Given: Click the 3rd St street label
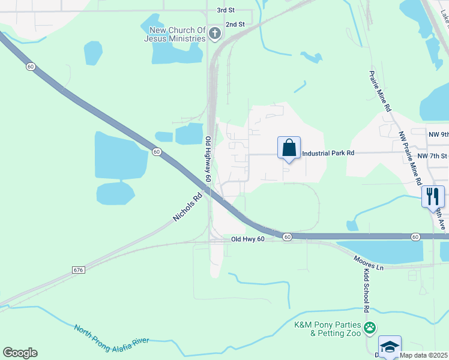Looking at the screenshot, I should coord(225,11).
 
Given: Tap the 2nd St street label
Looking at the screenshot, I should coord(235,25).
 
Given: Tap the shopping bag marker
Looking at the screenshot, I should coord(289,148).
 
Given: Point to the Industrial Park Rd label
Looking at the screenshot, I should coord(328,153).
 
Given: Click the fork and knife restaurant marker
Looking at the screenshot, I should coord(433,196).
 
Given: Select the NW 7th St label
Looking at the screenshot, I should coord(433,156).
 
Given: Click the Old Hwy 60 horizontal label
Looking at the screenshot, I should coord(247,239).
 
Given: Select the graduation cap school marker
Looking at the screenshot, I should coord(389,347).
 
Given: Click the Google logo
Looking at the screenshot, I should coord(20,353).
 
